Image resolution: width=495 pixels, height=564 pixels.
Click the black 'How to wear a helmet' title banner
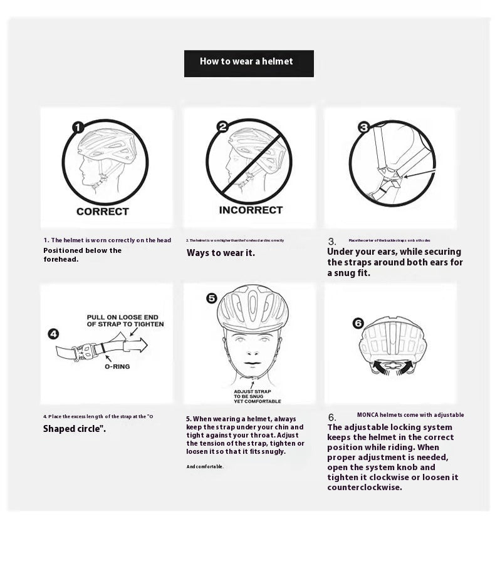click(x=249, y=63)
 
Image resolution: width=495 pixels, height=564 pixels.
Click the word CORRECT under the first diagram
click(x=102, y=212)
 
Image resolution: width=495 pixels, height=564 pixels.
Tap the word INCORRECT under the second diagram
click(x=251, y=210)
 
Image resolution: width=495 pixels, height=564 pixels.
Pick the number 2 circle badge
click(x=222, y=127)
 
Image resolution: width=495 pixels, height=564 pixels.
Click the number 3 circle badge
click(x=364, y=127)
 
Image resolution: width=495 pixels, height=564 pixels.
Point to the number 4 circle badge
click(x=54, y=334)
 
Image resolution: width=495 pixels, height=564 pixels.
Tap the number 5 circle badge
click(x=212, y=298)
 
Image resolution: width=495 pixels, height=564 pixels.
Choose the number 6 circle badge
click(x=358, y=323)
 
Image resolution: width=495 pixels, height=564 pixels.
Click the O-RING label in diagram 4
click(x=117, y=366)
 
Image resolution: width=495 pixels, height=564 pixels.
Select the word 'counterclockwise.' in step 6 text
click(x=364, y=487)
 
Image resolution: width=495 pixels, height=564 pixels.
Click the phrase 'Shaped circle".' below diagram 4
click(x=74, y=429)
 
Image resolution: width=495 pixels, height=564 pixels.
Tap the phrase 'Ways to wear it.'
click(x=221, y=253)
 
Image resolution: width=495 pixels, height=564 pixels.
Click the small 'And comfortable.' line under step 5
click(x=205, y=466)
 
